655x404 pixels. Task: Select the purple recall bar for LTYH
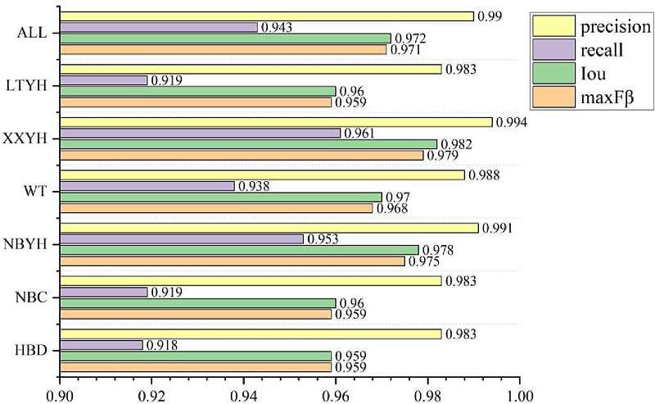click(x=103, y=80)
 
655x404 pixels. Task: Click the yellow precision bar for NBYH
click(x=269, y=228)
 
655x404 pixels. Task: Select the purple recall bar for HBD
click(x=102, y=345)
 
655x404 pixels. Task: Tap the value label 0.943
click(x=277, y=28)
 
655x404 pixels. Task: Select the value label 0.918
click(x=162, y=345)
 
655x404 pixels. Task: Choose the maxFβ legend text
click(x=609, y=101)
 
